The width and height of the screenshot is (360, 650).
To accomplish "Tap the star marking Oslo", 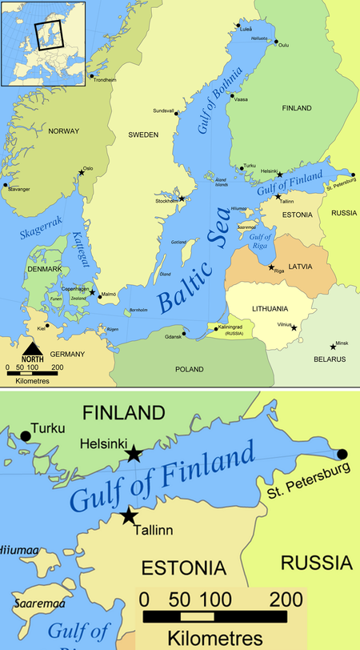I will [81, 171].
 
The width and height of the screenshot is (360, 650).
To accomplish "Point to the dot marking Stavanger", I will [6, 185].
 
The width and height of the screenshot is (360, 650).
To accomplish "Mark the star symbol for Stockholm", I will [182, 199].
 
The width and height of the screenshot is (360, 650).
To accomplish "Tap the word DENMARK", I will [44, 269].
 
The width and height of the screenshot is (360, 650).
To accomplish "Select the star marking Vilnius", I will [294, 327].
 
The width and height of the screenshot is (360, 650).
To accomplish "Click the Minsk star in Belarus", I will [334, 347].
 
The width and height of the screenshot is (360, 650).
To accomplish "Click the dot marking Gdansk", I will [184, 335].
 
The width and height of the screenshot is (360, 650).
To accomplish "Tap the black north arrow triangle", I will [32, 348].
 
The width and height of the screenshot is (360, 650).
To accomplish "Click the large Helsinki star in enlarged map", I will [134, 454].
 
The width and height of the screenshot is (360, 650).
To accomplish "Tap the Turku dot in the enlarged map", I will [26, 435].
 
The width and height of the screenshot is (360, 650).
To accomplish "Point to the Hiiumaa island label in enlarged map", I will [15, 548].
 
